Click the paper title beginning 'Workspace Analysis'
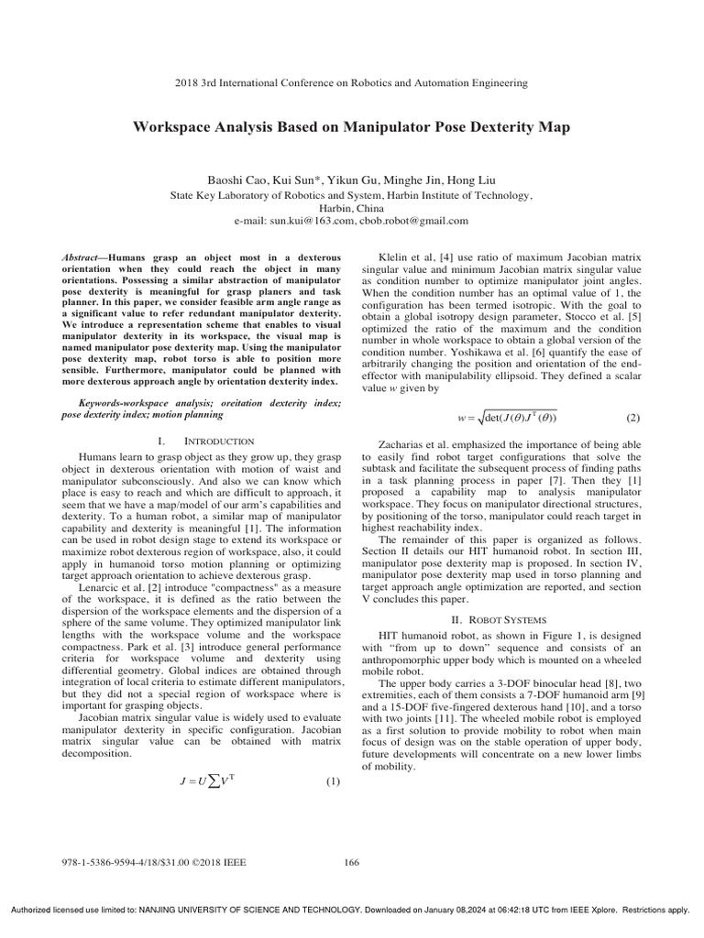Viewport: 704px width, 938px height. coord(352,127)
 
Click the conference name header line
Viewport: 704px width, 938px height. coord(352,82)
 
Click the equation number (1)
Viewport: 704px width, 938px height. coord(333,756)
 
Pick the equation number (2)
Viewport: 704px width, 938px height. coord(632,418)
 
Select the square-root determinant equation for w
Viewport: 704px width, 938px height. coord(506,419)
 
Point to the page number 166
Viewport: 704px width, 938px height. coord(352,861)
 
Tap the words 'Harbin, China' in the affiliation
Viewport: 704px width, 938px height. coord(352,208)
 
